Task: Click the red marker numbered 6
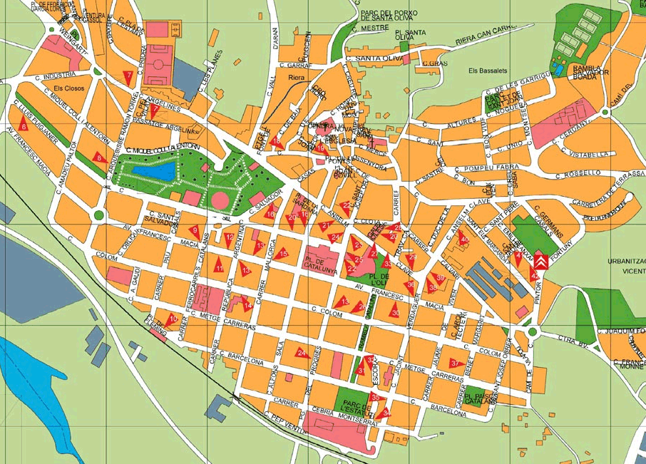(24, 126)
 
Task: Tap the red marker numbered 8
(99, 158)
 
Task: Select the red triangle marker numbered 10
(173, 318)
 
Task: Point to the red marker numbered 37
(454, 363)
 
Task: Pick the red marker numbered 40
(464, 239)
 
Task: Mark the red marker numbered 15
(283, 253)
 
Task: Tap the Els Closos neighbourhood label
(68, 89)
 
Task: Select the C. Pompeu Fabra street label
(486, 169)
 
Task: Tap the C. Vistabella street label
(585, 154)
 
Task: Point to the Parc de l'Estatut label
(357, 406)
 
